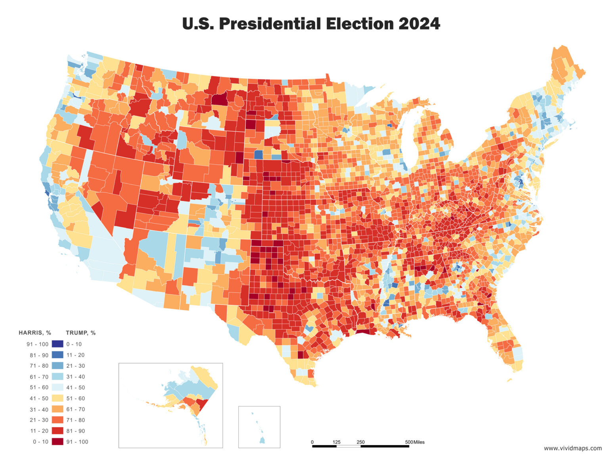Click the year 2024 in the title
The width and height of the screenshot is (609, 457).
419,24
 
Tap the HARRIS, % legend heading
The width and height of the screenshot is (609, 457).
35,333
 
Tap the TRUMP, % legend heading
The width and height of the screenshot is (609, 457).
80,333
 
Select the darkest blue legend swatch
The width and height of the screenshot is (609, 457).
57,344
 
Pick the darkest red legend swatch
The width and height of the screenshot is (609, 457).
57,442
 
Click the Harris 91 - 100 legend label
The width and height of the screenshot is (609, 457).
37,344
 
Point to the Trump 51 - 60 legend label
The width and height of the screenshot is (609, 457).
75,398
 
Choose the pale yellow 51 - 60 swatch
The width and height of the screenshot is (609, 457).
57,398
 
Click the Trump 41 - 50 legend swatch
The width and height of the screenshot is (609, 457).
57,388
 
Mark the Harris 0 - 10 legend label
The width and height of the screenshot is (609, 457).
40,442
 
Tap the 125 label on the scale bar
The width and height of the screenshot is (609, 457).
336,442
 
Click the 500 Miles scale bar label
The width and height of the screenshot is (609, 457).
414,442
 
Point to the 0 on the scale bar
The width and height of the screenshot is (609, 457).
312,442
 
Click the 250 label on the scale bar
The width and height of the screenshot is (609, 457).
360,442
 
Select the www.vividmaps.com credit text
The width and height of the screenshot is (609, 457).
573,448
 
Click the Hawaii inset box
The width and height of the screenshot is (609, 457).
259,426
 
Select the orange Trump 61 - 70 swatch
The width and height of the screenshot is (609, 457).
57,409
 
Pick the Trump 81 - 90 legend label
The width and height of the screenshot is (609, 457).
75,431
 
